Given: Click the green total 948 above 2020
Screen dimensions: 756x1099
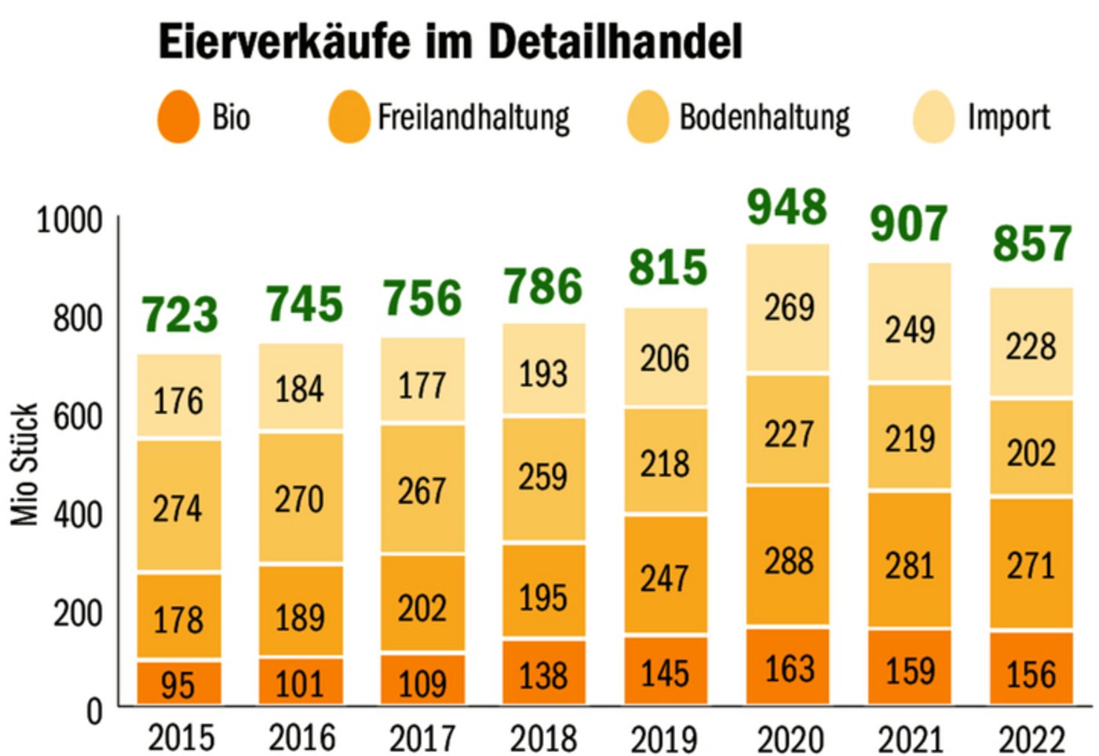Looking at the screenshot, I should [787, 207].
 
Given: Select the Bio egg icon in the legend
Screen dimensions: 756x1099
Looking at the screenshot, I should [178, 118].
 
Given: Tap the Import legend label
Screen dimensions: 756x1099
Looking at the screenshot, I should [1008, 118].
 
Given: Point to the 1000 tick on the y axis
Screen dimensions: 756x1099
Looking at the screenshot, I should [70, 221].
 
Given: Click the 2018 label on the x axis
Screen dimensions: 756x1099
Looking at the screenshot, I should [543, 738].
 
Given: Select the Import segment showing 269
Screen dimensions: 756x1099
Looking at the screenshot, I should [788, 307].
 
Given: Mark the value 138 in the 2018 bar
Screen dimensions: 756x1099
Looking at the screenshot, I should [543, 675].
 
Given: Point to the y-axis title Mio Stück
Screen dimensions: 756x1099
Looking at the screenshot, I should [25, 465].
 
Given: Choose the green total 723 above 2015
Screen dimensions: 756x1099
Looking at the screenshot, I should [180, 315].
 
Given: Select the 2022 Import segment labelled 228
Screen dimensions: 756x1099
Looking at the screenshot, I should [1031, 346].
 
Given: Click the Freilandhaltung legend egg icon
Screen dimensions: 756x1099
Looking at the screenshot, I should [349, 118].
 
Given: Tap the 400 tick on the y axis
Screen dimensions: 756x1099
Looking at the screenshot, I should [78, 515].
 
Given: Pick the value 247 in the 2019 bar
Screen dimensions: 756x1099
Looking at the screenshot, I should [665, 579].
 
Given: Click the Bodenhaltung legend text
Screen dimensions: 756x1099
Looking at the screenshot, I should [764, 118].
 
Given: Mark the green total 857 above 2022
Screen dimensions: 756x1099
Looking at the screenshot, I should [1031, 243].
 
